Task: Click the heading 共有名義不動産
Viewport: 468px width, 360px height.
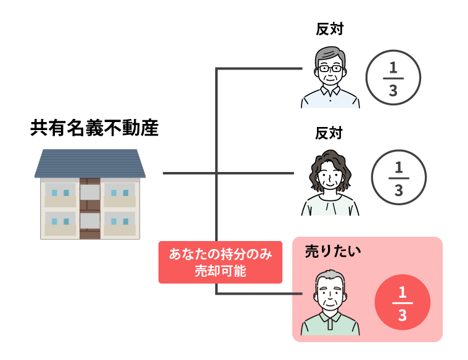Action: click(x=94, y=128)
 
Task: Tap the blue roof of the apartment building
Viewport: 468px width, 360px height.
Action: click(x=90, y=163)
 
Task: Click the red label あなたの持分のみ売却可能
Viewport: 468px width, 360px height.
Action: click(x=220, y=262)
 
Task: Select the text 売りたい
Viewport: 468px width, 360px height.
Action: click(x=333, y=252)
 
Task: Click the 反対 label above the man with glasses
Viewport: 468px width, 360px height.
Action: click(x=330, y=29)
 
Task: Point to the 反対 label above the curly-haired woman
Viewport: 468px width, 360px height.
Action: click(x=329, y=133)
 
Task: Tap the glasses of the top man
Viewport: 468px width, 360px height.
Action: click(x=330, y=68)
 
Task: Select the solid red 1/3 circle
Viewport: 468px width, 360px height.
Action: click(x=403, y=302)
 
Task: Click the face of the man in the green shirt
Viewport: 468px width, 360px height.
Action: click(x=330, y=296)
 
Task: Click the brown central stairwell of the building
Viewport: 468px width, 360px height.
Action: click(x=90, y=208)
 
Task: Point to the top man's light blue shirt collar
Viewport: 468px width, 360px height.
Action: click(x=330, y=90)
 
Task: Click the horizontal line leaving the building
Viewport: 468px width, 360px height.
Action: click(x=228, y=173)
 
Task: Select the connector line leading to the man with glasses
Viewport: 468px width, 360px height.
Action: click(x=259, y=68)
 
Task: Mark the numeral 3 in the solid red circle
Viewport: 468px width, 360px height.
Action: click(x=403, y=315)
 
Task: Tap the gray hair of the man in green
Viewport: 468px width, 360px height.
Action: click(x=330, y=276)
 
